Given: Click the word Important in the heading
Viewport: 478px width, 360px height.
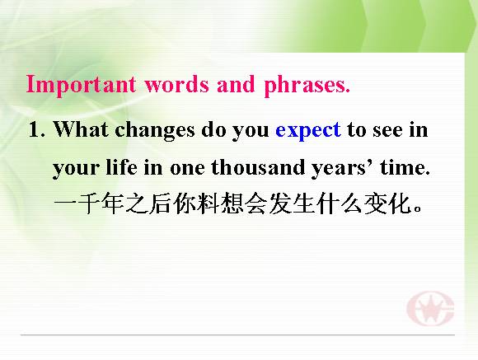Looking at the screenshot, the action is pyautogui.click(x=81, y=84).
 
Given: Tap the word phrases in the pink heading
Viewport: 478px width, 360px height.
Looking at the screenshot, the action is pyautogui.click(x=307, y=85).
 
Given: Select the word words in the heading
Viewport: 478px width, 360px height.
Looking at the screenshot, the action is pyautogui.click(x=177, y=84).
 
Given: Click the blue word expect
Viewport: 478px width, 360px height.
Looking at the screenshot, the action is pyautogui.click(x=308, y=131).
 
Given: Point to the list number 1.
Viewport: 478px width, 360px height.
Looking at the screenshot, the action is pyautogui.click(x=37, y=129).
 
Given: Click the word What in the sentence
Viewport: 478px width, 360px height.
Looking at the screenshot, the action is pyautogui.click(x=81, y=129).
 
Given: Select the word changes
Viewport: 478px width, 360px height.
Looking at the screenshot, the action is pyautogui.click(x=155, y=130).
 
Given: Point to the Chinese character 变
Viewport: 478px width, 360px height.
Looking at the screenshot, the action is pyautogui.click(x=375, y=203).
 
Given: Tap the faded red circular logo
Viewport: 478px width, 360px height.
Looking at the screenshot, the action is pyautogui.click(x=430, y=308).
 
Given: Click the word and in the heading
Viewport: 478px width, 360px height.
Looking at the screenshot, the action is pyautogui.click(x=236, y=84).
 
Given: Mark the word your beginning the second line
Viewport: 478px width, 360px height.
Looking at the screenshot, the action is pyautogui.click(x=76, y=169).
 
